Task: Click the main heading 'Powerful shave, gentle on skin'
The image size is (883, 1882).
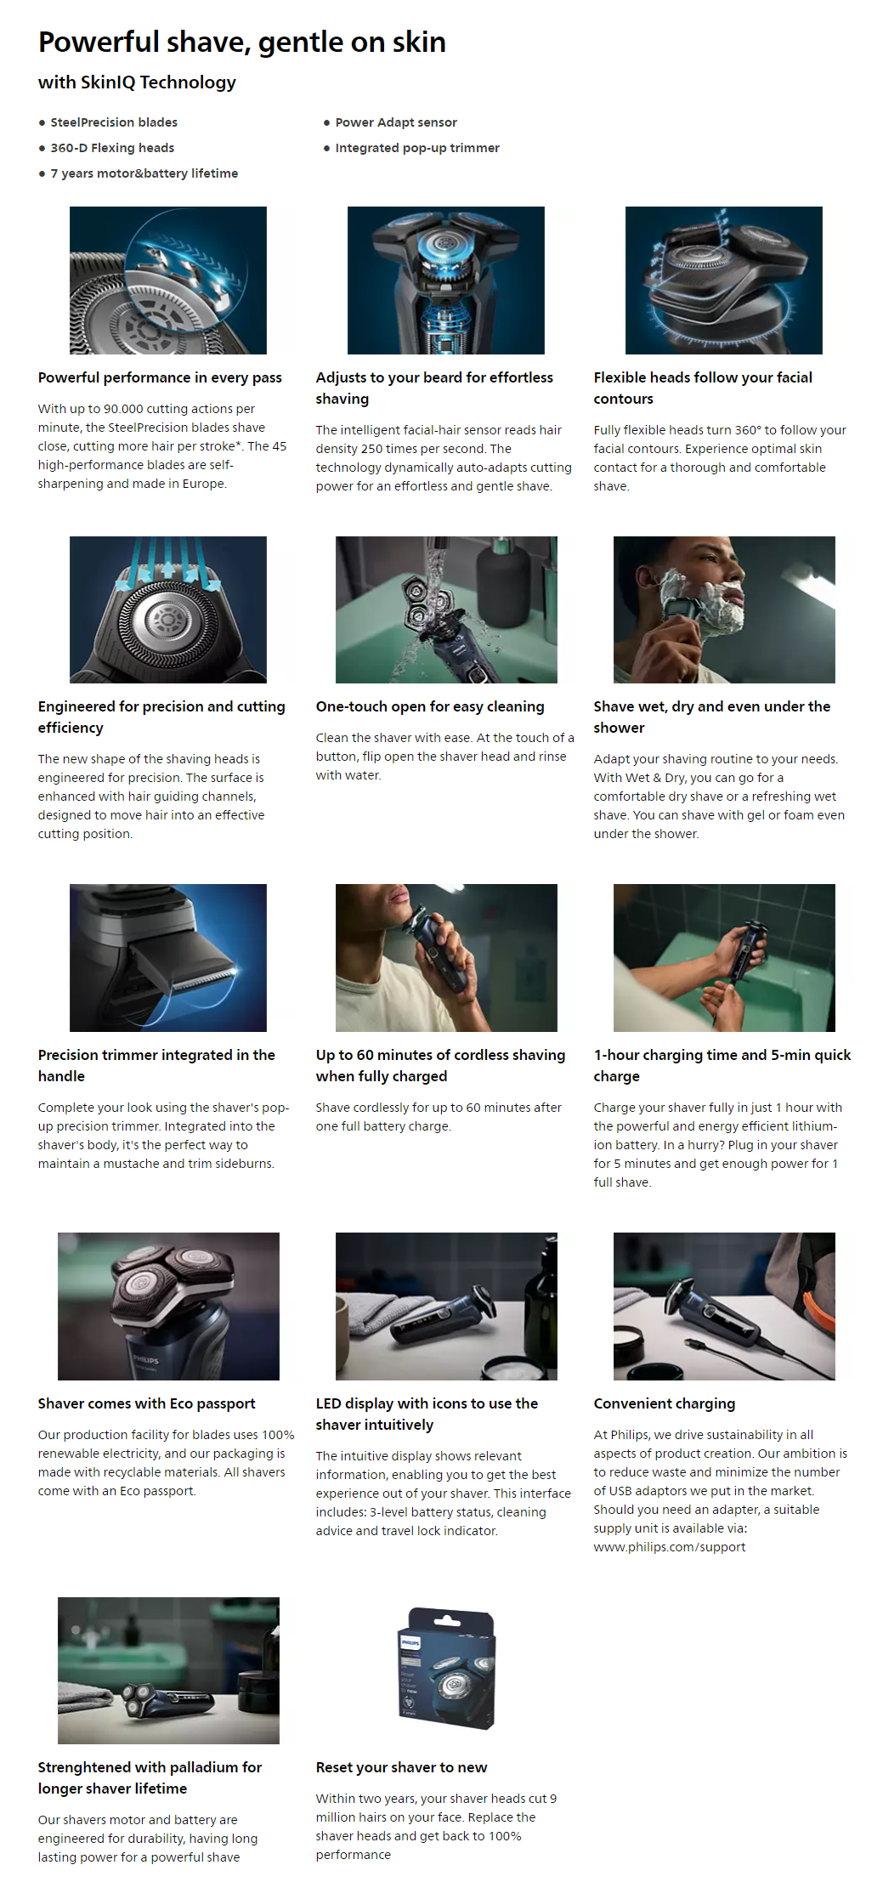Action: [x=242, y=42]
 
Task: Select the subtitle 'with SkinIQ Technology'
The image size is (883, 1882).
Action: [x=137, y=82]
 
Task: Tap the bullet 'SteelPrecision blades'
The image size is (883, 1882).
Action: [x=114, y=122]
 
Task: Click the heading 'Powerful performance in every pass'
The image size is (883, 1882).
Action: [x=160, y=377]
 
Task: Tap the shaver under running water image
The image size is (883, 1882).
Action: [x=446, y=609]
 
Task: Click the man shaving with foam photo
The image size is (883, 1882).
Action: [x=724, y=609]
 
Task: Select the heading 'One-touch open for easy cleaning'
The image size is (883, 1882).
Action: [x=430, y=706]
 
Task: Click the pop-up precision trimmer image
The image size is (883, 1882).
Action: [x=168, y=958]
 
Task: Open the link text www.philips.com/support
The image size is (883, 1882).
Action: [x=670, y=1547]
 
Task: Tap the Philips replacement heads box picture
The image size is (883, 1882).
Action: [x=446, y=1669]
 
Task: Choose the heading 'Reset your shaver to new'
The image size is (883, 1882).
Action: [x=401, y=1767]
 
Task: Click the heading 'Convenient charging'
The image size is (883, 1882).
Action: [x=665, y=1403]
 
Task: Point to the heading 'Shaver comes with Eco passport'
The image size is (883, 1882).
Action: [x=146, y=1403]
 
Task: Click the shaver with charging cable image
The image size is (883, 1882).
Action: [x=724, y=1307]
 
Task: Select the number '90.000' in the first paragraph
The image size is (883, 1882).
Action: [x=123, y=409]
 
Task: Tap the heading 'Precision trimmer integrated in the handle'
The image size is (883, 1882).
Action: [x=156, y=1065]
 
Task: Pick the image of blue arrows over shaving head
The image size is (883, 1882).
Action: [x=168, y=609]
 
